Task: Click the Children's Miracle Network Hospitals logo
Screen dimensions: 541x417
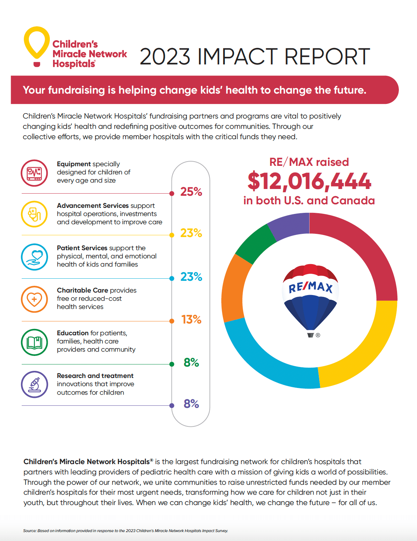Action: coord(75,48)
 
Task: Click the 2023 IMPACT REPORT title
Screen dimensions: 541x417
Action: coord(255,57)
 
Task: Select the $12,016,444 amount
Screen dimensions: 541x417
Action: coord(309,181)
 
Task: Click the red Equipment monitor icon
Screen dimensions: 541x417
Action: coord(34,173)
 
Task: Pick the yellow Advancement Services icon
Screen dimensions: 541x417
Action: coord(34,214)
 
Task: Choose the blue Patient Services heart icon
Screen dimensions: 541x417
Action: coord(34,257)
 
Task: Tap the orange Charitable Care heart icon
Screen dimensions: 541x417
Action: coord(34,299)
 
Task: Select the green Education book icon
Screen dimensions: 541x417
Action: coord(34,342)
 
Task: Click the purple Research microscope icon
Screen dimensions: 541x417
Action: coord(34,384)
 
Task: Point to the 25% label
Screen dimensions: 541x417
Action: coord(191,192)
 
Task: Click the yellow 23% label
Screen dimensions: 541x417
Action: coord(191,233)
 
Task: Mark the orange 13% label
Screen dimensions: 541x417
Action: coord(191,320)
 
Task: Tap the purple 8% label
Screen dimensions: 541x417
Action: coord(191,404)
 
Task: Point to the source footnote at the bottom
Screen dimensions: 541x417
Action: coord(126,531)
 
